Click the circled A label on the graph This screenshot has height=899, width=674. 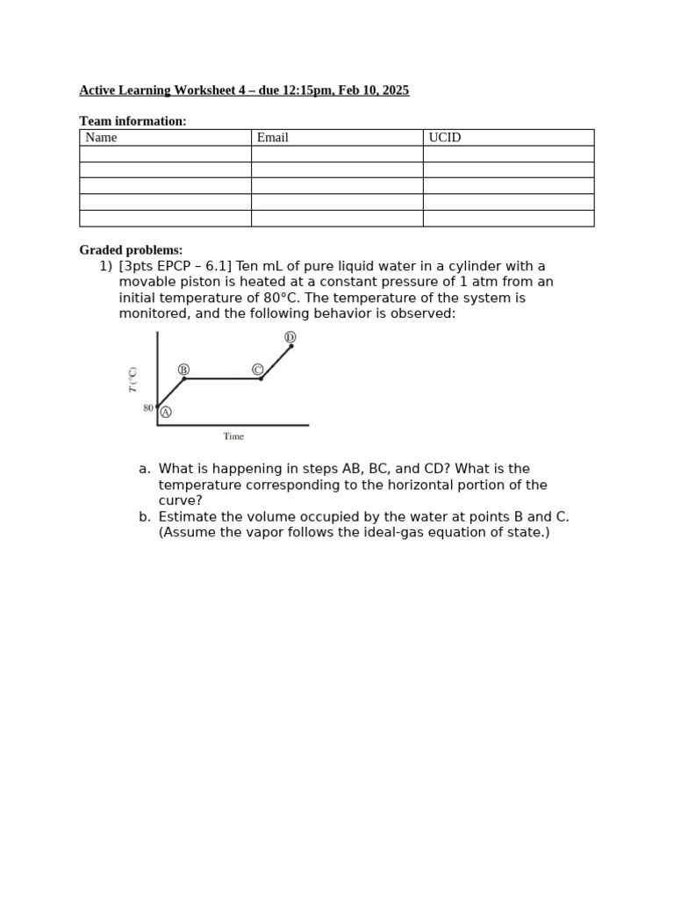point(166,411)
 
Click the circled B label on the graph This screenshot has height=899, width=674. point(183,370)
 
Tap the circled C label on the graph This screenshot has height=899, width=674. point(258,370)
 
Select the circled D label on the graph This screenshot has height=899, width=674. point(290,337)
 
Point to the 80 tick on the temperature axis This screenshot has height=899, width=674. point(148,408)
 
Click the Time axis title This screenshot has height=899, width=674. point(233,436)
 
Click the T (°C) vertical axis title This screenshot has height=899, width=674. point(133,378)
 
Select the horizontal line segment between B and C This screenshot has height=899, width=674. point(222,378)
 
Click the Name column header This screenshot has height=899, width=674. point(102,138)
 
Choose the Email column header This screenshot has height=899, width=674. point(273,138)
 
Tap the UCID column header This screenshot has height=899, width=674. point(445,138)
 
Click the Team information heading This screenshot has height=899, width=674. point(133,121)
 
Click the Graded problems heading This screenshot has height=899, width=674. point(131,250)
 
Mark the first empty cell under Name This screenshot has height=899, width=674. point(165,154)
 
